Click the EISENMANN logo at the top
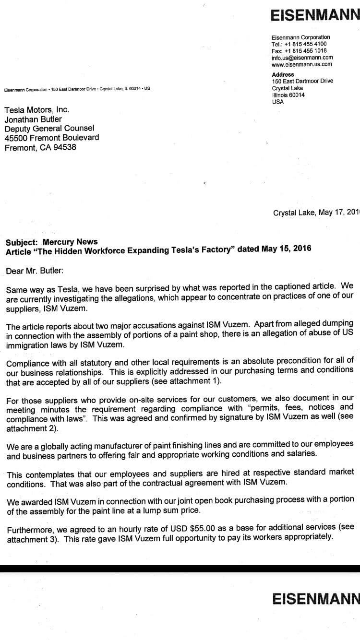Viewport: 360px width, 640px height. (315, 16)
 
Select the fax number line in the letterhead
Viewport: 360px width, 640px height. (299, 50)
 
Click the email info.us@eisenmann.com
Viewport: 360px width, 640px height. (302, 57)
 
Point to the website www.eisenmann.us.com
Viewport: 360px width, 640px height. (301, 64)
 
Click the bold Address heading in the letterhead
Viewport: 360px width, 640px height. (283, 74)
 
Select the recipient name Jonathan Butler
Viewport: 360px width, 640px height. (33, 119)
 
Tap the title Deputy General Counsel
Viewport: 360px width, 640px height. (49, 128)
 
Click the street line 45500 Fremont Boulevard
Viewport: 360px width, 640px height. (52, 138)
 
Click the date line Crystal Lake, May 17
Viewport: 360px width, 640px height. (316, 213)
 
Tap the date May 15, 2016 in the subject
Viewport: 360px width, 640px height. (286, 249)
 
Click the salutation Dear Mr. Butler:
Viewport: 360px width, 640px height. (35, 270)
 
